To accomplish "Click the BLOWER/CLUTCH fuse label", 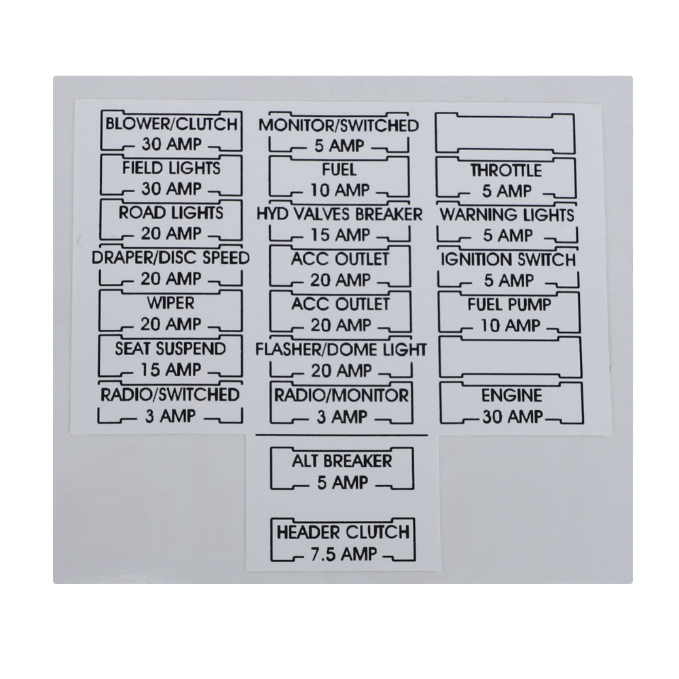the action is [172, 124].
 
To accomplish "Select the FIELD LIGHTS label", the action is [172, 168].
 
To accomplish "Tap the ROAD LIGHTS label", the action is [171, 213].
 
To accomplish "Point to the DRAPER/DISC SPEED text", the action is [170, 257].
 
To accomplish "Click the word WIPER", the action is [170, 303].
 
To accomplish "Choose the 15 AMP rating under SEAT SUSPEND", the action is [171, 370].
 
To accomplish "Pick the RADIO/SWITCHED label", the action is [170, 394].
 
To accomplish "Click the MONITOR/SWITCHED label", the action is [339, 126].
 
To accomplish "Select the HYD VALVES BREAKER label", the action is [339, 215].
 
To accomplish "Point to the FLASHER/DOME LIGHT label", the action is [342, 350].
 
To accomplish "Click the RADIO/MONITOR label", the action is [342, 395].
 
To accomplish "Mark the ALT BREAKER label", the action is [342, 461].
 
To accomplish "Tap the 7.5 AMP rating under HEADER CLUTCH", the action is [344, 555].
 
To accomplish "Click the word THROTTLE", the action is [507, 170].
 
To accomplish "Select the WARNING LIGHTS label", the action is [507, 215].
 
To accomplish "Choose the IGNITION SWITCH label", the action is [509, 260].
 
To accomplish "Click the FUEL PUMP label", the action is [509, 305].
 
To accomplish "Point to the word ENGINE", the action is [512, 396].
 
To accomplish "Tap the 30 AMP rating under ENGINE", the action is [513, 417].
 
